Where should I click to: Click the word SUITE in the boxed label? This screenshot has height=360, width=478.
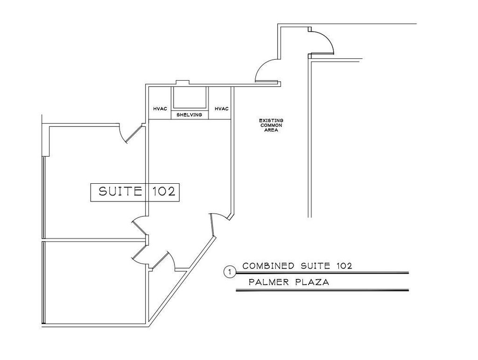(x=120, y=192)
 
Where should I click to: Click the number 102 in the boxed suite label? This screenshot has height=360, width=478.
(x=164, y=192)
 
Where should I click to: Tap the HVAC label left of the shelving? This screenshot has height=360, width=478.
(x=160, y=109)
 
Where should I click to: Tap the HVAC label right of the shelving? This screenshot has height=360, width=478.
(x=222, y=109)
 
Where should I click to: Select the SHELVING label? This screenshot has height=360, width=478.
(x=190, y=115)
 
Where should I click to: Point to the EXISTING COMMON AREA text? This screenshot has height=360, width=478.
(x=271, y=125)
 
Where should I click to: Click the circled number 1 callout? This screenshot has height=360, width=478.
(x=230, y=272)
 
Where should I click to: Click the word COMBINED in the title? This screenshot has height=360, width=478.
(x=268, y=266)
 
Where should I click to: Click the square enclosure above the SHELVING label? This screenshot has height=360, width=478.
(x=190, y=98)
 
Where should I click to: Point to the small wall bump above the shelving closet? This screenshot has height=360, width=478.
(x=183, y=82)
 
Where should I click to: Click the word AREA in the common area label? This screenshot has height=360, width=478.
(x=271, y=131)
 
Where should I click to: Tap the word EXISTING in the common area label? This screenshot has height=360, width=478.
(x=271, y=120)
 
